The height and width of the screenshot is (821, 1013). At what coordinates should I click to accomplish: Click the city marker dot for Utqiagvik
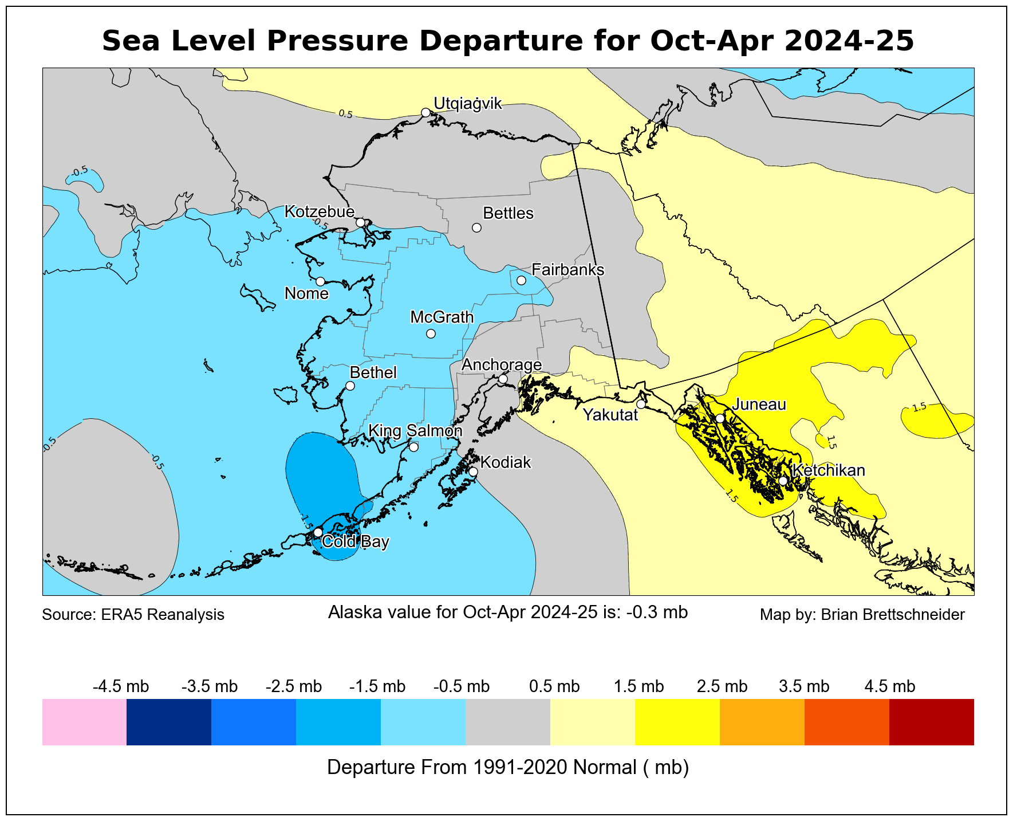pyautogui.click(x=425, y=112)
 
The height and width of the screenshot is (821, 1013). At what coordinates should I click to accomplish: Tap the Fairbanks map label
pyautogui.click(x=567, y=269)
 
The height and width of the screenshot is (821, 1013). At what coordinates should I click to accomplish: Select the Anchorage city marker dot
pyautogui.click(x=503, y=379)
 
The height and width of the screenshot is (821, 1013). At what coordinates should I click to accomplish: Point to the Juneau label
pyautogui.click(x=759, y=404)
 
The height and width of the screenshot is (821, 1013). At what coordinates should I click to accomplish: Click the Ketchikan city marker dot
pyautogui.click(x=783, y=481)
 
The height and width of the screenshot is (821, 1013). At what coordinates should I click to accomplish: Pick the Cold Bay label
pyautogui.click(x=356, y=541)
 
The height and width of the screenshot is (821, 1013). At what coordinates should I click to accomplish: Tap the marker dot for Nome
pyautogui.click(x=321, y=281)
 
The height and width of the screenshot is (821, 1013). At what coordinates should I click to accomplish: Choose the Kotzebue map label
pyautogui.click(x=320, y=211)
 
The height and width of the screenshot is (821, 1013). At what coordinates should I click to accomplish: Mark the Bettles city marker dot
pyautogui.click(x=476, y=227)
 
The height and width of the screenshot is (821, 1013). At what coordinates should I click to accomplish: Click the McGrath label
pyautogui.click(x=442, y=317)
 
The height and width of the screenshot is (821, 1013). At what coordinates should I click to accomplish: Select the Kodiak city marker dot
pyautogui.click(x=473, y=472)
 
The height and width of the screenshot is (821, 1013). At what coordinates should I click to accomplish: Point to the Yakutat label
pyautogui.click(x=610, y=415)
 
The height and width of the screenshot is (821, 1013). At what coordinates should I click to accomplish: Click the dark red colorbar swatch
pyautogui.click(x=931, y=722)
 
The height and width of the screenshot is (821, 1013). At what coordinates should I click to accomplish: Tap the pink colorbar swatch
pyautogui.click(x=84, y=722)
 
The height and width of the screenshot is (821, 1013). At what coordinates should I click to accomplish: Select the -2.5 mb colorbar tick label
pyautogui.click(x=294, y=686)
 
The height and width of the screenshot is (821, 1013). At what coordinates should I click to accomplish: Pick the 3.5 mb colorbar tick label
pyautogui.click(x=804, y=686)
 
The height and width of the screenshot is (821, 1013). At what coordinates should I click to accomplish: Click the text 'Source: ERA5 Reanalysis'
pyautogui.click(x=133, y=615)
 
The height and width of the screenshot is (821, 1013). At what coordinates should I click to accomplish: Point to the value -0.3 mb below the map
pyautogui.click(x=657, y=612)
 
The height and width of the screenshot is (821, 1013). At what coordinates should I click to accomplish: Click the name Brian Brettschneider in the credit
pyautogui.click(x=893, y=615)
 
